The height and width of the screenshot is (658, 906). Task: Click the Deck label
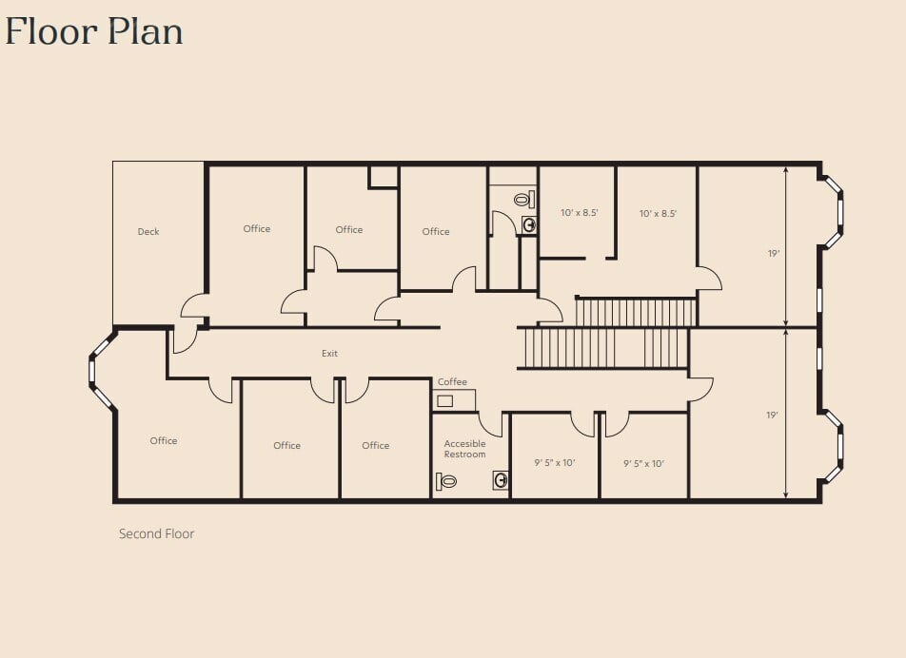tap(148, 231)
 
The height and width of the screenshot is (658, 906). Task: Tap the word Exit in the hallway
tap(329, 353)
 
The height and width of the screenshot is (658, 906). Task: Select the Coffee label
tap(452, 381)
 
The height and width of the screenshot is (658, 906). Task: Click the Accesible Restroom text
tap(464, 449)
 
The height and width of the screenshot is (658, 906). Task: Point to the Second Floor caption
tap(157, 533)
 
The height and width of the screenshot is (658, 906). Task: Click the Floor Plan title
tap(94, 31)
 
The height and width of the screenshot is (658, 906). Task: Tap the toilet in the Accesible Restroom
tap(446, 481)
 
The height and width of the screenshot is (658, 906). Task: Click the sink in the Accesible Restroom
tap(501, 479)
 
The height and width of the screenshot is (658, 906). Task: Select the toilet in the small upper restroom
tap(524, 200)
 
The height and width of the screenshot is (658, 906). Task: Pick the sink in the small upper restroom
tap(529, 224)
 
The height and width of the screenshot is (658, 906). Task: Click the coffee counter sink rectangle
tap(444, 400)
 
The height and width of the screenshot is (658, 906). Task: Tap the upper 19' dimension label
tap(774, 253)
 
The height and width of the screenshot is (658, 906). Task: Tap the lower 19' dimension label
tap(773, 415)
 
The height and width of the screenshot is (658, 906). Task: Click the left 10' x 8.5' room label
tap(579, 212)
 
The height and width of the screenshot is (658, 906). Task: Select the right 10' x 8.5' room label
tap(658, 214)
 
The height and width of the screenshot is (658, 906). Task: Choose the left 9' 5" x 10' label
tap(554, 463)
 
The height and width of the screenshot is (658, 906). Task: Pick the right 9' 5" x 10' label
tap(643, 463)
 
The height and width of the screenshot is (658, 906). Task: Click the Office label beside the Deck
tap(257, 228)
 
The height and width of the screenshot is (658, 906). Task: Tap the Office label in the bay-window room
tap(164, 441)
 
